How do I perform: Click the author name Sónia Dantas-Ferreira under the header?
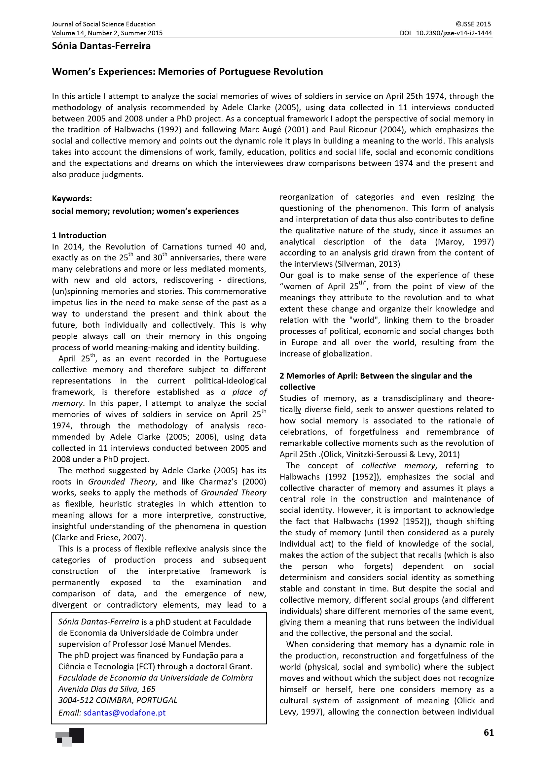point(101,46)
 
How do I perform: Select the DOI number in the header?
point(454,33)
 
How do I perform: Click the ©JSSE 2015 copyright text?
point(473,24)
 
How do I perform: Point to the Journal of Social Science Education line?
point(104,24)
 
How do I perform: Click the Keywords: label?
point(72,198)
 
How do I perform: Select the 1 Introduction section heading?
point(79,235)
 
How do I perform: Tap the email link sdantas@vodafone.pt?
point(125,713)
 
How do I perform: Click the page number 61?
point(489,732)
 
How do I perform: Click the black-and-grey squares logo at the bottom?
point(70,736)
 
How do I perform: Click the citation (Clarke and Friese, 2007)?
point(99,537)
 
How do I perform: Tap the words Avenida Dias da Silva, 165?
point(107,689)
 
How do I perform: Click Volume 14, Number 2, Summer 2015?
point(107,33)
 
